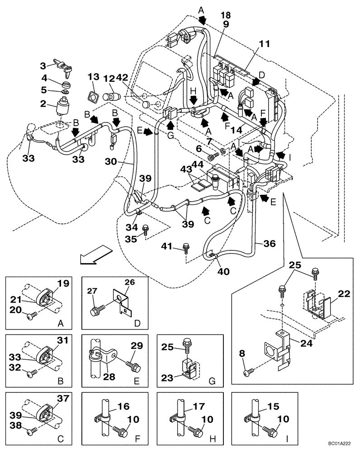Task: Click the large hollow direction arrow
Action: coord(94,254)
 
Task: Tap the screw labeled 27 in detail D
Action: coord(96,311)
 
